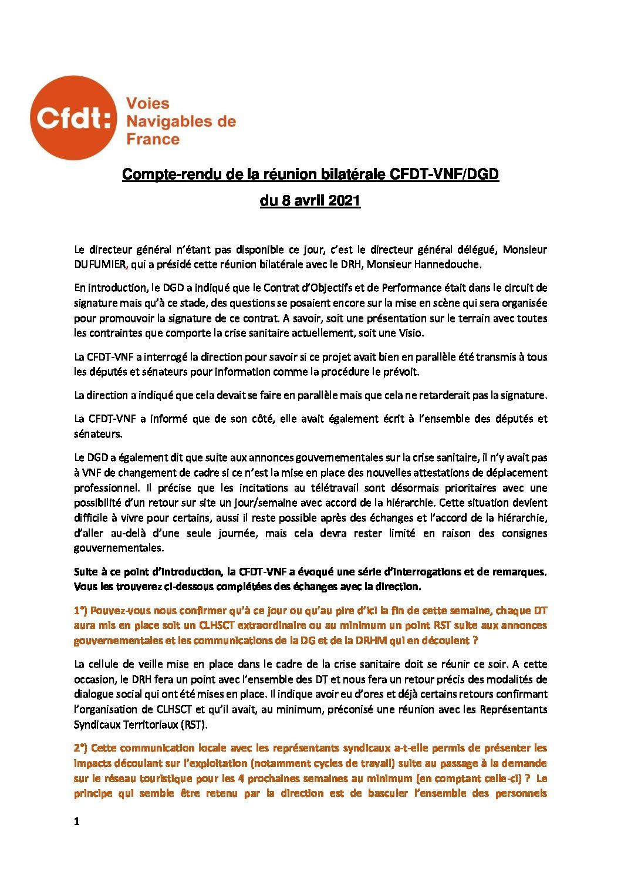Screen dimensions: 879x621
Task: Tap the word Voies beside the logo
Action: [148, 104]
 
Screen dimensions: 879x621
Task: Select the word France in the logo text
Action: [153, 139]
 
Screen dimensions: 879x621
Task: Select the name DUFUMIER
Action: [99, 265]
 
